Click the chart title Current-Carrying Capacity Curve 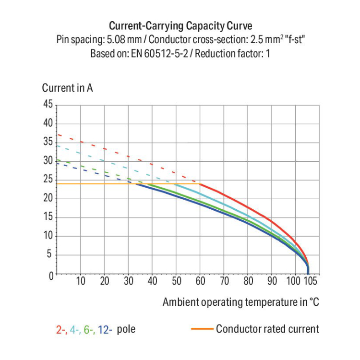180,25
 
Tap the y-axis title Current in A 67,88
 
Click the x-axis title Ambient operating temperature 240,302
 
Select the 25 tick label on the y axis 48,180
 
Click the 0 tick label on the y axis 50,275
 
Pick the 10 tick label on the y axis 48,237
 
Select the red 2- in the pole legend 61,330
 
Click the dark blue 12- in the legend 105,330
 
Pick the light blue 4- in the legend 75,330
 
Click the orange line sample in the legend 202,329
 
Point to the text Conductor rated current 267,329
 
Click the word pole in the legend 126,330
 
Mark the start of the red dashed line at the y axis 58,134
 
